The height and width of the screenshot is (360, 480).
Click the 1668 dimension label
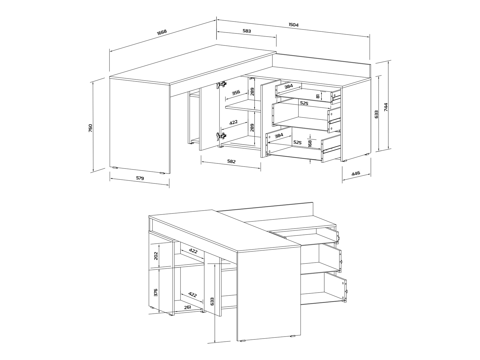[x=162, y=32]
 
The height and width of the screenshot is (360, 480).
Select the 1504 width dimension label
[x=293, y=25]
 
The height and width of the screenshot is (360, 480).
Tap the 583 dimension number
[x=247, y=31]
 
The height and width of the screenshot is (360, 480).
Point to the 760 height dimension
[x=91, y=128]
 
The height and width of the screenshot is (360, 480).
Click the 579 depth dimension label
[x=140, y=178]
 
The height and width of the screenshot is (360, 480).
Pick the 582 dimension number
[x=231, y=161]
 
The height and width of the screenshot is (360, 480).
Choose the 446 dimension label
[x=356, y=173]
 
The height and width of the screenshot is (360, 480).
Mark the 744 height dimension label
[x=386, y=107]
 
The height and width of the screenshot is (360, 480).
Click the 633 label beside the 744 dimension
[x=376, y=114]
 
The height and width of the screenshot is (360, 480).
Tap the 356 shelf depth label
[x=236, y=93]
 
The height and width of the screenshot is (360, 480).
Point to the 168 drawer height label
[x=310, y=144]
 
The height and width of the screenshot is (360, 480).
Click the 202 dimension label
[x=156, y=256]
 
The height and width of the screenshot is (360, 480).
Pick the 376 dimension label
[x=156, y=292]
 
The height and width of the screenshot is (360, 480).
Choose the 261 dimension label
[x=187, y=307]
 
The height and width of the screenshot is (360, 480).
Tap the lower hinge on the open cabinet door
[x=221, y=136]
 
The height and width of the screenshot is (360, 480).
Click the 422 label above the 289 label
[x=233, y=122]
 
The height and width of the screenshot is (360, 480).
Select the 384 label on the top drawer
[x=289, y=86]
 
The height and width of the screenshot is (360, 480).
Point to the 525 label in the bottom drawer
[x=297, y=142]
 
